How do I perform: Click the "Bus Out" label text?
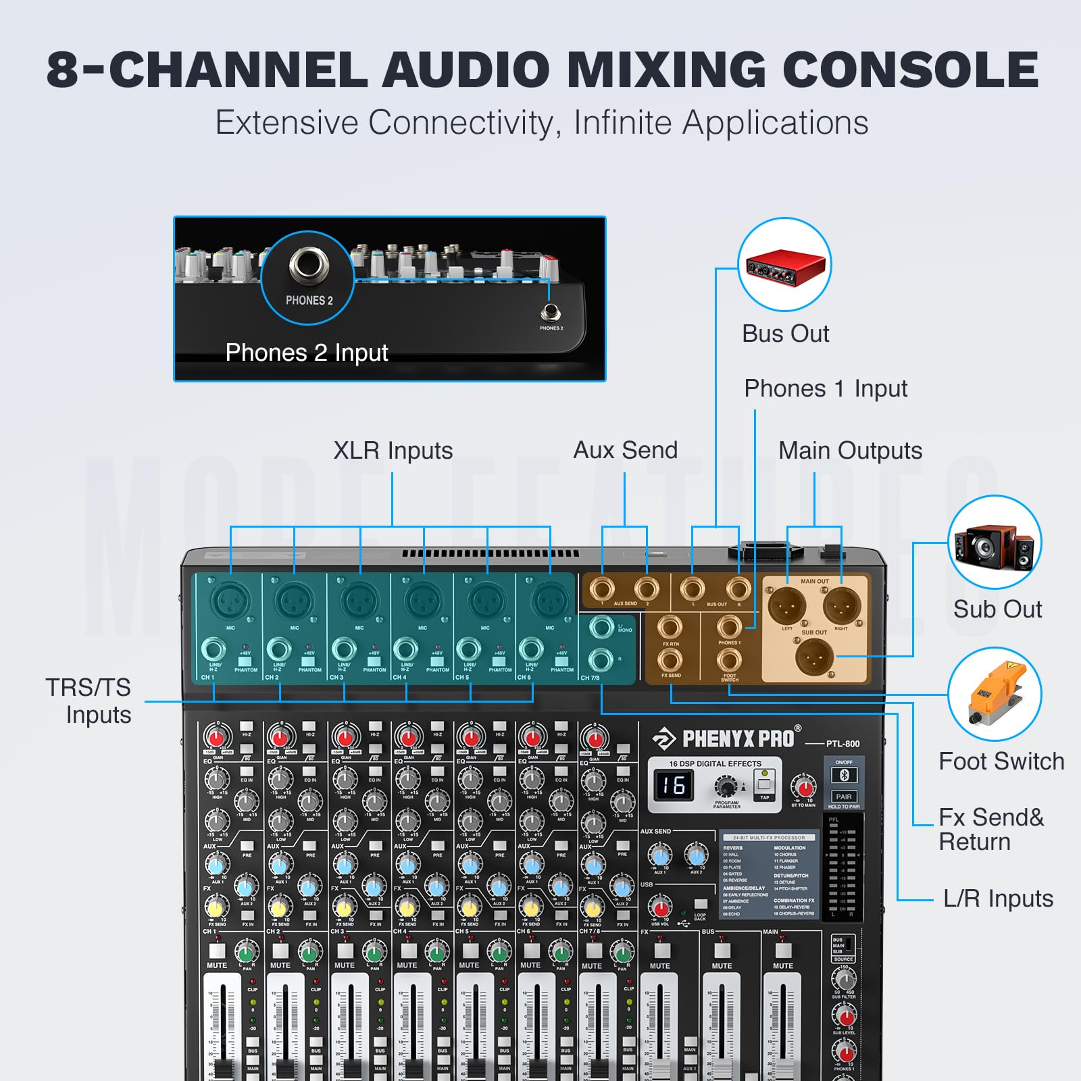pos(785,334)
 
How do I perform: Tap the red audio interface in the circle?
pos(785,266)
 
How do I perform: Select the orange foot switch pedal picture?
pos(995,694)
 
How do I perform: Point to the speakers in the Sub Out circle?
pos(995,544)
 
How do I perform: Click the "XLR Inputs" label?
pos(393,451)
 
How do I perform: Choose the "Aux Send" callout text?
pos(625,451)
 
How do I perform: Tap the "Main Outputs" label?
pos(850,451)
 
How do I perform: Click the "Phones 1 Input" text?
pos(825,388)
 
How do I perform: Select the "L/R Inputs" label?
pos(998,899)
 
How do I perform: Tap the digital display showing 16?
pos(674,785)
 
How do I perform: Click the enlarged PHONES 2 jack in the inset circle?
pos(309,263)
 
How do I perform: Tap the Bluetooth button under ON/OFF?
pos(844,776)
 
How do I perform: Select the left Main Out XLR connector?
pos(788,605)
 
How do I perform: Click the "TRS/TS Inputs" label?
pos(89,701)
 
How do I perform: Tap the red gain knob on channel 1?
pos(216,736)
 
